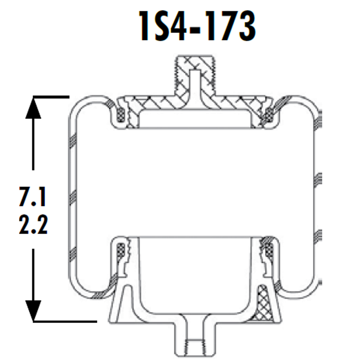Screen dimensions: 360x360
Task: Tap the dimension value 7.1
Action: tap(33, 197)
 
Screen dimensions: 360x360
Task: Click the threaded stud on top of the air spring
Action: tap(194, 73)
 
